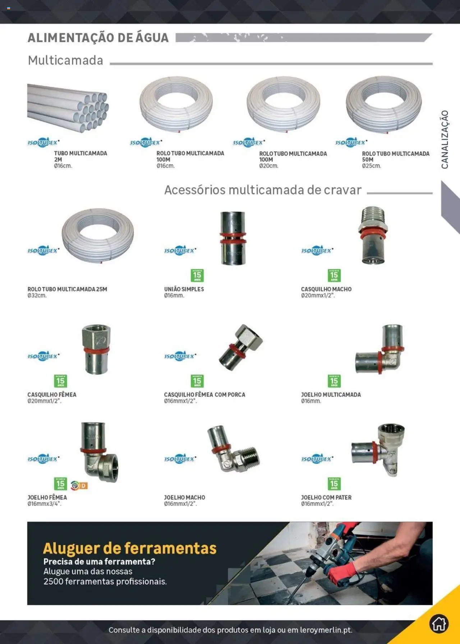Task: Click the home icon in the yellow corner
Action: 439,624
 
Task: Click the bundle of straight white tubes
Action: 68,107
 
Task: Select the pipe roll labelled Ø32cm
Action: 98,235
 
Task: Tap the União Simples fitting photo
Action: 233,238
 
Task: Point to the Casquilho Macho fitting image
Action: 373,236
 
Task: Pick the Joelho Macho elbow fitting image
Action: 233,449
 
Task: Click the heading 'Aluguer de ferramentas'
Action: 130,548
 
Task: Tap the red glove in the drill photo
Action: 341,571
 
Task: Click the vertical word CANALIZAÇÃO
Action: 445,139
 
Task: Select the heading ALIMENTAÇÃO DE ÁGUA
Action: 98,38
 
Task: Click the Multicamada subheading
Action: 66,60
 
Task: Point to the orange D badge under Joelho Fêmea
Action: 83,486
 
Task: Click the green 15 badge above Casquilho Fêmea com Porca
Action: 197,381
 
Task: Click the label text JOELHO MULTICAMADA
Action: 331,395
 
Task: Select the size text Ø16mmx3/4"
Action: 44,504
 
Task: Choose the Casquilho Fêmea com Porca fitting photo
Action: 240,347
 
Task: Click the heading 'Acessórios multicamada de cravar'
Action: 263,190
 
